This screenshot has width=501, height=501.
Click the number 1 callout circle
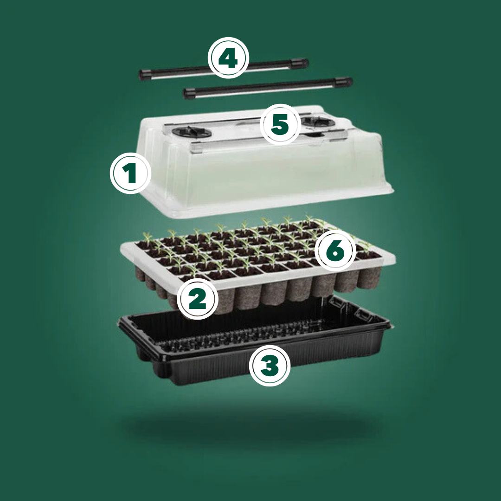click(x=130, y=173)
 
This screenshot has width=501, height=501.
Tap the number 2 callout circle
click(x=198, y=299)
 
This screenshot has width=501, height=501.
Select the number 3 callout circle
click(x=270, y=365)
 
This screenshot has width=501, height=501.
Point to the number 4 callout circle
click(x=228, y=58)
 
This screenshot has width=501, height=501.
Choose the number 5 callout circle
click(x=280, y=124)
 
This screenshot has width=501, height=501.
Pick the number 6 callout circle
click(x=335, y=250)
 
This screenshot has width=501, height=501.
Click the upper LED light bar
click(x=224, y=69)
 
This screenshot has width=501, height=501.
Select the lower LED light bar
click(x=268, y=88)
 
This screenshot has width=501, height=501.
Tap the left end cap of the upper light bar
click(x=145, y=74)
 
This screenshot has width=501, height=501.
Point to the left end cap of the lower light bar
click(x=189, y=94)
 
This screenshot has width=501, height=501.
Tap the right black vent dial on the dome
click(x=318, y=121)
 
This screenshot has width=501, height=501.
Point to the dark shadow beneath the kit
click(x=252, y=425)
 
